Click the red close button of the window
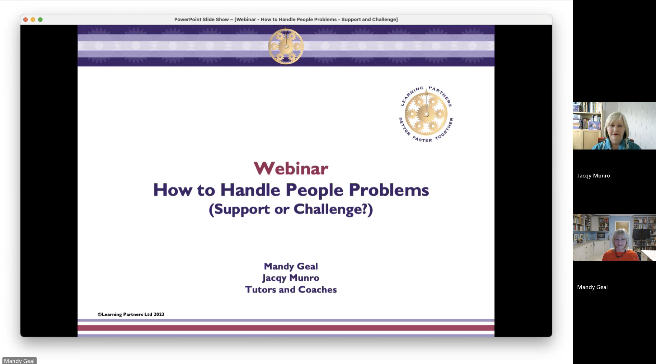(25, 19)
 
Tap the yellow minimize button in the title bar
(33, 19)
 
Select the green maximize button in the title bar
(40, 19)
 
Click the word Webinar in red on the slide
(291, 168)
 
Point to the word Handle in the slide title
(250, 190)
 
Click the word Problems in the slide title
(389, 190)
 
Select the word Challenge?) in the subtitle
(333, 209)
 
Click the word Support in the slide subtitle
(239, 209)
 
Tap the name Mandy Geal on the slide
(291, 266)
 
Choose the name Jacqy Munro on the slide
(291, 278)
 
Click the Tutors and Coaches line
(291, 289)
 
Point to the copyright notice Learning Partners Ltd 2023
(131, 314)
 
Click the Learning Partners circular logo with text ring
(426, 114)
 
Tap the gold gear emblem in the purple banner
(286, 46)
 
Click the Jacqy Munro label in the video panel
(594, 175)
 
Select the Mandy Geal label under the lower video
(592, 287)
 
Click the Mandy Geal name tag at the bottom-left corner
(19, 361)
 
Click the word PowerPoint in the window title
(188, 19)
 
